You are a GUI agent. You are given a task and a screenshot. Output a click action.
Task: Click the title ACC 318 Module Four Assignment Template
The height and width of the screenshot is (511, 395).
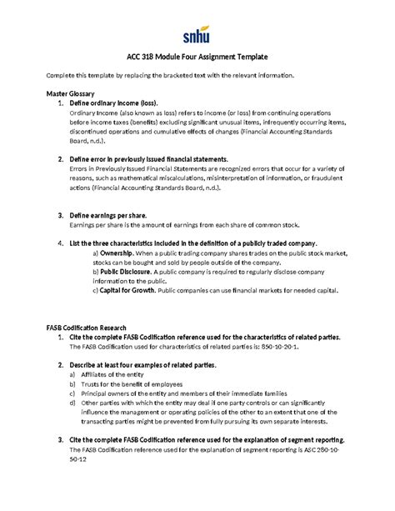click(197, 58)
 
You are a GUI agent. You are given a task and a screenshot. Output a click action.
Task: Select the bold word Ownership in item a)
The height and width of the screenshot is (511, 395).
click(119, 252)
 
